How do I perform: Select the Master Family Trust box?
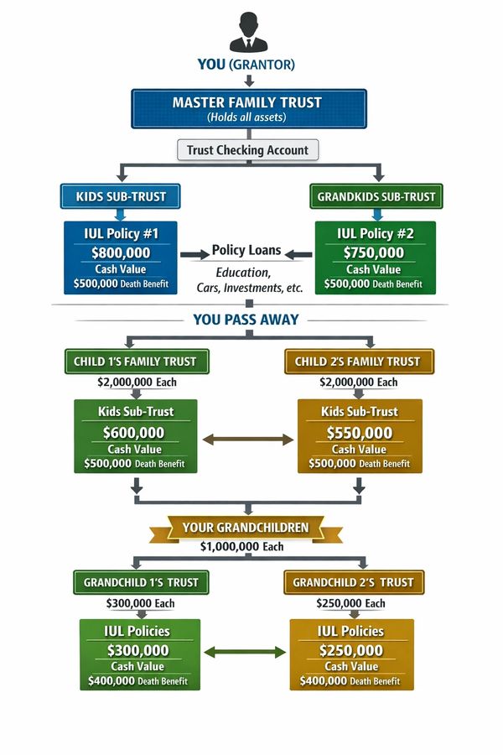(248, 108)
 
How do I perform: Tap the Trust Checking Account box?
(247, 150)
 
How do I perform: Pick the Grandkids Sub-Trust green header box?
(376, 197)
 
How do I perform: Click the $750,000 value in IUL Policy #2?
(374, 253)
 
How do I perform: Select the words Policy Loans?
(246, 251)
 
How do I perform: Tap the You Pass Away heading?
(247, 320)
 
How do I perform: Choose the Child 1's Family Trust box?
(137, 362)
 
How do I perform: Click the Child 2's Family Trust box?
(358, 362)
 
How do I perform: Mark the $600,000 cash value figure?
(135, 433)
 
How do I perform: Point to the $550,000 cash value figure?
(359, 433)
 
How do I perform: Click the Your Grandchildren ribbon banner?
(246, 528)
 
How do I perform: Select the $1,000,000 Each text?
(246, 546)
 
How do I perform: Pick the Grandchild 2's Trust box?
(353, 582)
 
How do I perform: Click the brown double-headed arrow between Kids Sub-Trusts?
(247, 438)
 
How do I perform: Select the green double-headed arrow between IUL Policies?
(245, 652)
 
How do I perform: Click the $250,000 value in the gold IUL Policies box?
(351, 650)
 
